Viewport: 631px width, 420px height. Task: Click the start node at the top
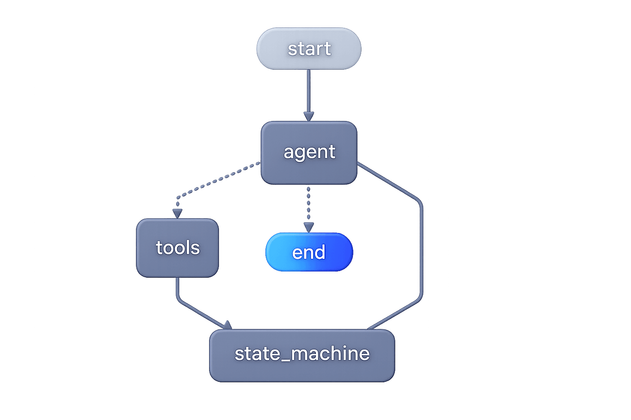[x=309, y=48]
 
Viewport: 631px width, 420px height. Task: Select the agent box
[x=309, y=153]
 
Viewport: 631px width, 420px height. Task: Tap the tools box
[x=177, y=248]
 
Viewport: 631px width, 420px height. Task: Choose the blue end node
[x=309, y=252]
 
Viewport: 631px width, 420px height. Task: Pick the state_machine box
[x=302, y=355]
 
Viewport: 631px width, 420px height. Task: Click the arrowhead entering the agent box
[x=309, y=116]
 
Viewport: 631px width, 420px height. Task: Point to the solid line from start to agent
[x=309, y=90]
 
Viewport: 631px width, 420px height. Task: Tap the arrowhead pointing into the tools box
[x=177, y=213]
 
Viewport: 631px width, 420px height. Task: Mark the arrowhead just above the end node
[x=309, y=227]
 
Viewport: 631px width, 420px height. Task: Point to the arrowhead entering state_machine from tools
[x=227, y=325]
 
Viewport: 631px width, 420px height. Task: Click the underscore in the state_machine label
[x=285, y=361]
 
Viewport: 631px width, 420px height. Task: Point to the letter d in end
[x=320, y=252]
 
